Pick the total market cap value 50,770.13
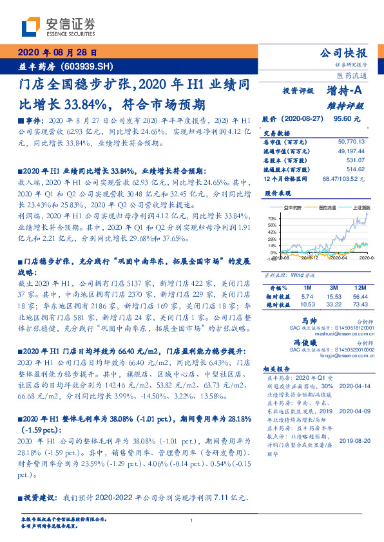(x=351, y=140)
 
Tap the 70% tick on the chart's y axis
(x=271, y=219)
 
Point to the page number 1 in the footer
(x=192, y=521)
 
